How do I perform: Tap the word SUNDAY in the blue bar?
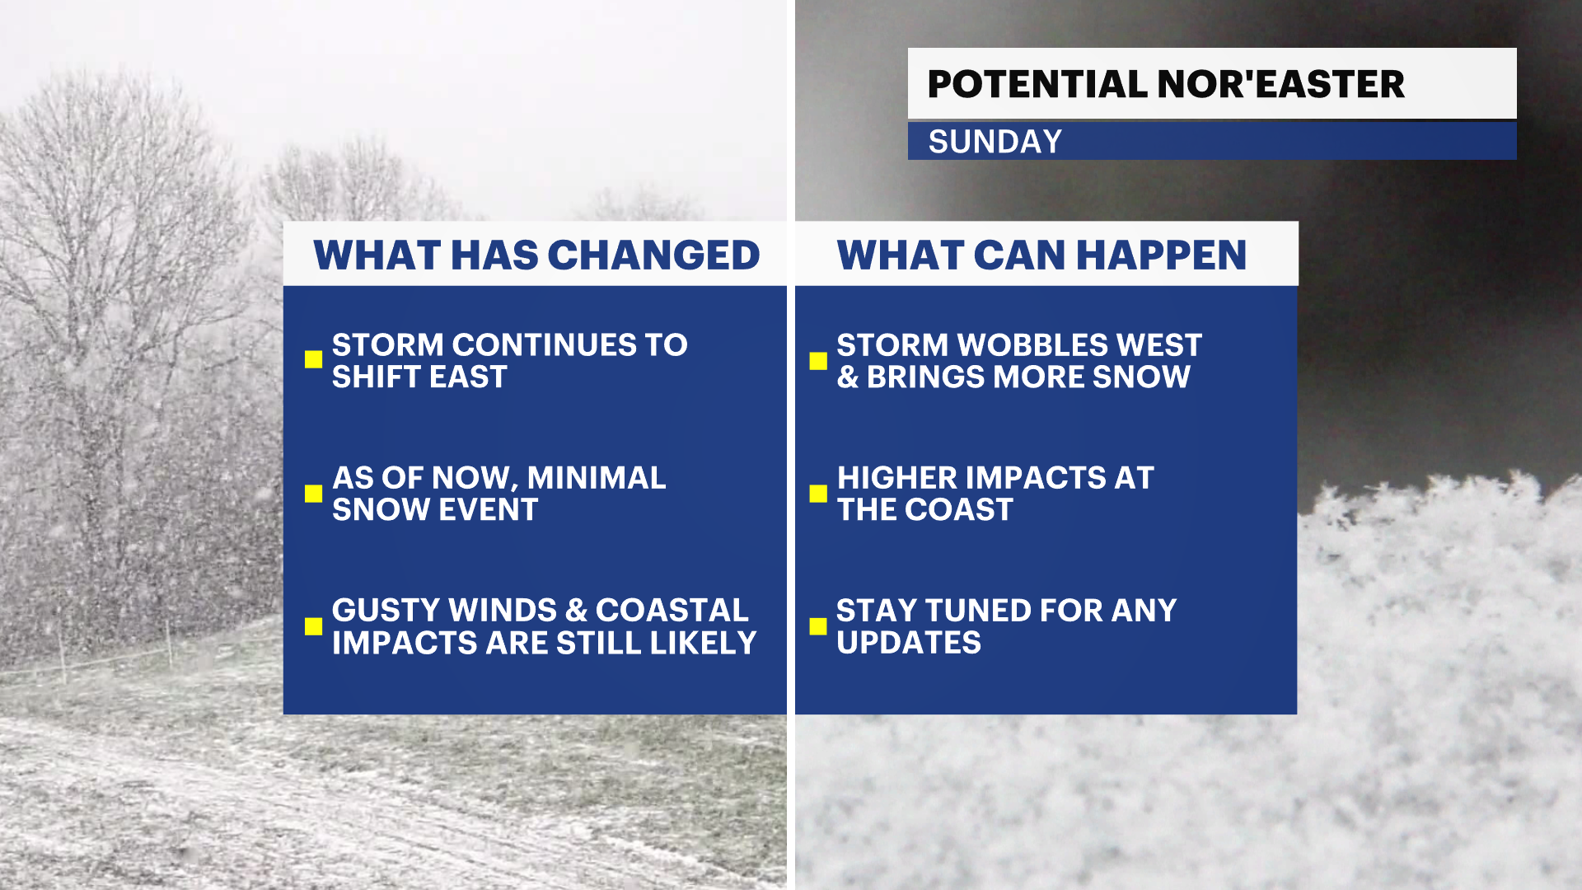995,142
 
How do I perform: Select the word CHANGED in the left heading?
653,255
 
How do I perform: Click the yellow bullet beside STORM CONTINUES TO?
313,359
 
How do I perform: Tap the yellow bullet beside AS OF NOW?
313,493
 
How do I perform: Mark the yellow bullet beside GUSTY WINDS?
313,626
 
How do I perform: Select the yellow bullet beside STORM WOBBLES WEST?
818,361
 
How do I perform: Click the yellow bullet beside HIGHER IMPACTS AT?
818,493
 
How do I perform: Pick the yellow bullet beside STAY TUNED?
818,626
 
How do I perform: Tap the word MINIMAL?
597,478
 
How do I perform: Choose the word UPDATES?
909,643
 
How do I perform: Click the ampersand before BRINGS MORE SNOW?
848,377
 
